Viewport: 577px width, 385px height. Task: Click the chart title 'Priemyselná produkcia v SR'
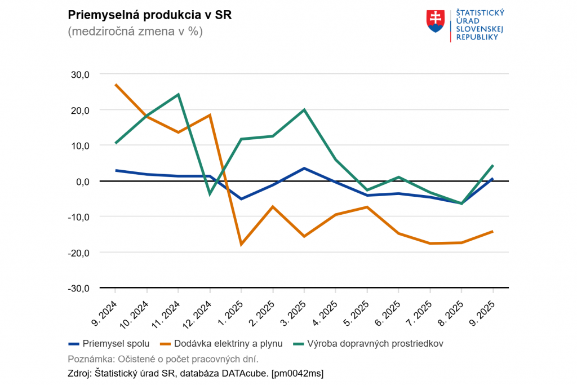pos(149,15)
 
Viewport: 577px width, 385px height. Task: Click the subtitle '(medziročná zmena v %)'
pos(135,32)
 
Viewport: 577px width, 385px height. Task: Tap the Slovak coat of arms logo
pos(436,20)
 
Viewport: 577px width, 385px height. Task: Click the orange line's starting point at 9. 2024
pos(116,85)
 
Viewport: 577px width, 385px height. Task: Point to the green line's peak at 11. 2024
pos(178,95)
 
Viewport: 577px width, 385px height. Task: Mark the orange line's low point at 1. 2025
pos(241,245)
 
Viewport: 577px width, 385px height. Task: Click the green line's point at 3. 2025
pos(304,110)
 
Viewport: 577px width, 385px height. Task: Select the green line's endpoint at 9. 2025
pos(493,166)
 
